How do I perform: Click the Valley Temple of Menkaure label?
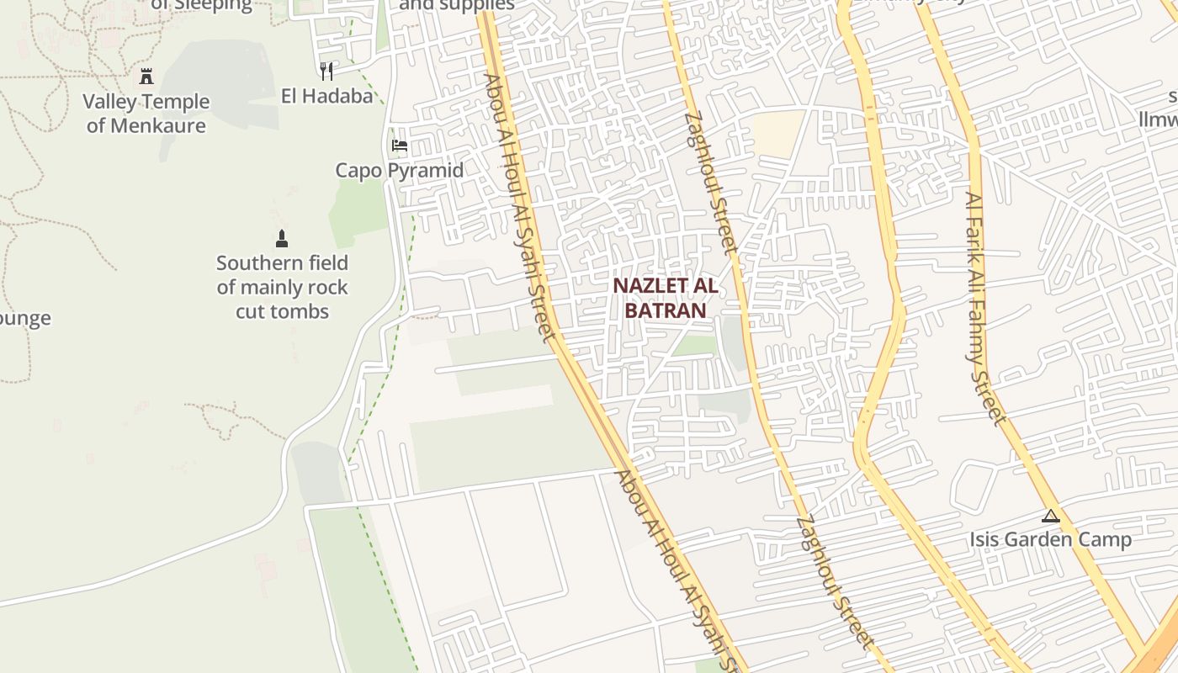click(x=146, y=114)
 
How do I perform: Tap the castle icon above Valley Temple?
click(x=146, y=77)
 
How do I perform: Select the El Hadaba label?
click(x=326, y=96)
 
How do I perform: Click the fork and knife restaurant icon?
click(x=326, y=72)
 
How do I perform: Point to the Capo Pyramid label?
click(x=400, y=170)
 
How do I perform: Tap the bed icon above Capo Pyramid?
click(x=400, y=146)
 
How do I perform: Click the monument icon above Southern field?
click(x=282, y=239)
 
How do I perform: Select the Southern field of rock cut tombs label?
click(x=282, y=287)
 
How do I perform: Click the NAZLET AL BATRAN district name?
click(x=665, y=297)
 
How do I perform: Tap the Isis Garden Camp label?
click(x=1050, y=539)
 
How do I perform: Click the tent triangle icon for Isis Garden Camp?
click(x=1050, y=516)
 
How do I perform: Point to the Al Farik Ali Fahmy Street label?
click(x=984, y=308)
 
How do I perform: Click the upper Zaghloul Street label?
click(x=711, y=183)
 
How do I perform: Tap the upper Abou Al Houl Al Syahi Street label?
click(x=517, y=207)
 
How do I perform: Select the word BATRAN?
click(x=665, y=310)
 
